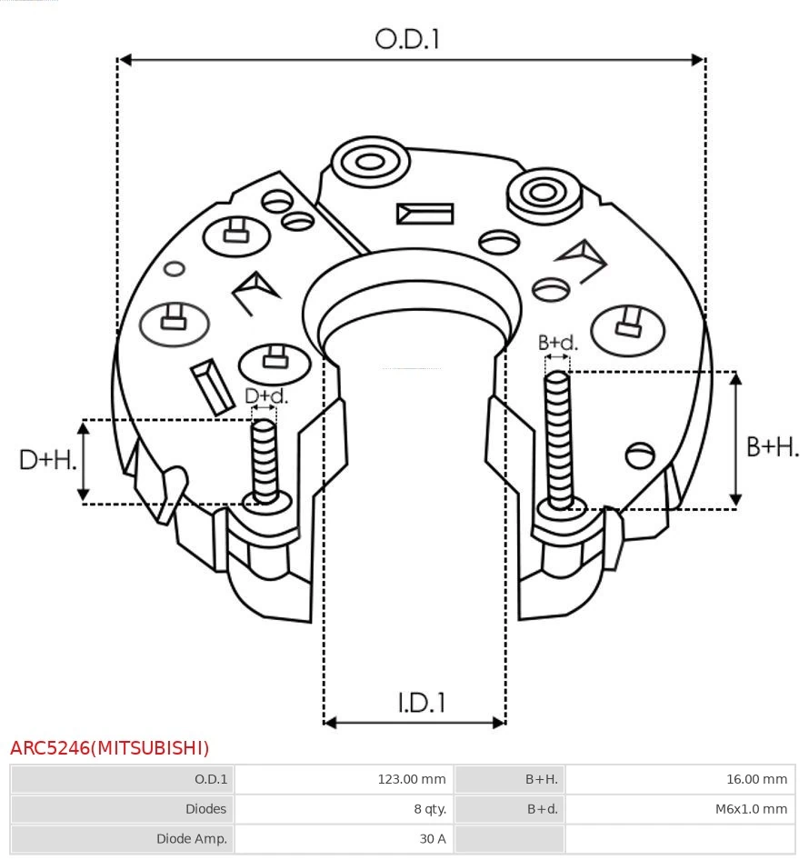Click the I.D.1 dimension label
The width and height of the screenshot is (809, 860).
coord(421,703)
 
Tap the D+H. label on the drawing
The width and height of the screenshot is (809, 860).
coord(48,460)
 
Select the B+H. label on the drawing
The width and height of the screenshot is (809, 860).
coord(772,446)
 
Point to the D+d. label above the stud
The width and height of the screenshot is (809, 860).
coord(266,396)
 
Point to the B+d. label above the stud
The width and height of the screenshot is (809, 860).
coord(557,343)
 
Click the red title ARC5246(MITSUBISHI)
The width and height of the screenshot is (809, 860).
coord(110,748)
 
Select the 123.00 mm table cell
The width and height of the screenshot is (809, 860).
coord(412,779)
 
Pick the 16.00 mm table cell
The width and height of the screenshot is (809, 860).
coord(755,779)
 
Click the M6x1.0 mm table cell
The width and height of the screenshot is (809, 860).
coord(751,808)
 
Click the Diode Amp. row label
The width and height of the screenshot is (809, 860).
coord(192,838)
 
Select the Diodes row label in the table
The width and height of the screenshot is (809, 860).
coord(205,808)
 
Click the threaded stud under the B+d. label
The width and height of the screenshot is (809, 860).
coord(558,441)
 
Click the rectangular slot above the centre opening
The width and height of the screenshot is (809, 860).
coord(424,214)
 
